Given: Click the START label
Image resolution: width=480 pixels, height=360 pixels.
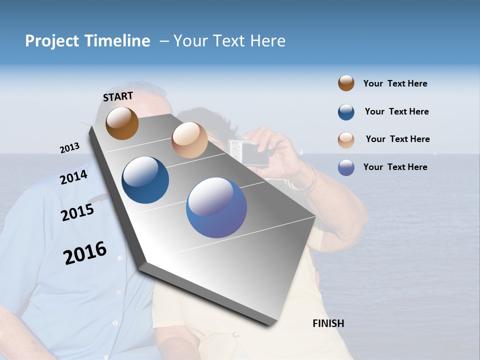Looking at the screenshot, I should click(118, 96).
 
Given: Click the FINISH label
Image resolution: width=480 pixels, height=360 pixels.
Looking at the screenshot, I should click(328, 323).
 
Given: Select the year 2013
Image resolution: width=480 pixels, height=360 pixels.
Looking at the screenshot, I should click(69, 148).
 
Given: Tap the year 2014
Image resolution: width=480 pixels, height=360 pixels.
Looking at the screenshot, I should click(73, 177).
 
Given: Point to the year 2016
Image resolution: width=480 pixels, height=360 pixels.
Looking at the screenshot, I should click(85, 253).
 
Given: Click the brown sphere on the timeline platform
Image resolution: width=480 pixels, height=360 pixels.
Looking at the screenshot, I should click(122, 123).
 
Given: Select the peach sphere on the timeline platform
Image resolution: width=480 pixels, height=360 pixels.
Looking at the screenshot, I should click(189, 140).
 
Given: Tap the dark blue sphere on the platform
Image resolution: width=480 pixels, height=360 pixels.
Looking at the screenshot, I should click(145, 180).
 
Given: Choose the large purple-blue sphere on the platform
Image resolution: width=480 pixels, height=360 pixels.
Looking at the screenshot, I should click(216, 207).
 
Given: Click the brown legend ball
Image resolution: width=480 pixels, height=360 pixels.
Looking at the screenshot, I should click(346, 83).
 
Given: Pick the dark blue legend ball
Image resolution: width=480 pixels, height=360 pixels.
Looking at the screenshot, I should click(346, 112).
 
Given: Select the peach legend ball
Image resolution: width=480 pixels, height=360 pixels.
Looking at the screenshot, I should click(346, 140).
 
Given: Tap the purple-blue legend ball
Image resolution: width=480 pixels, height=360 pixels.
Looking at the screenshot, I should click(346, 167).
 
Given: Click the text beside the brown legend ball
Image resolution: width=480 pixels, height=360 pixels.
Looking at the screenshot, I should click(395, 84).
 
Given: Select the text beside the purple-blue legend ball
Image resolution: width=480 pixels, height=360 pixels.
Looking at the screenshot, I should click(395, 167).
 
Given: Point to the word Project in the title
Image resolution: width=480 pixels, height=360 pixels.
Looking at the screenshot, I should click(52, 41).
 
